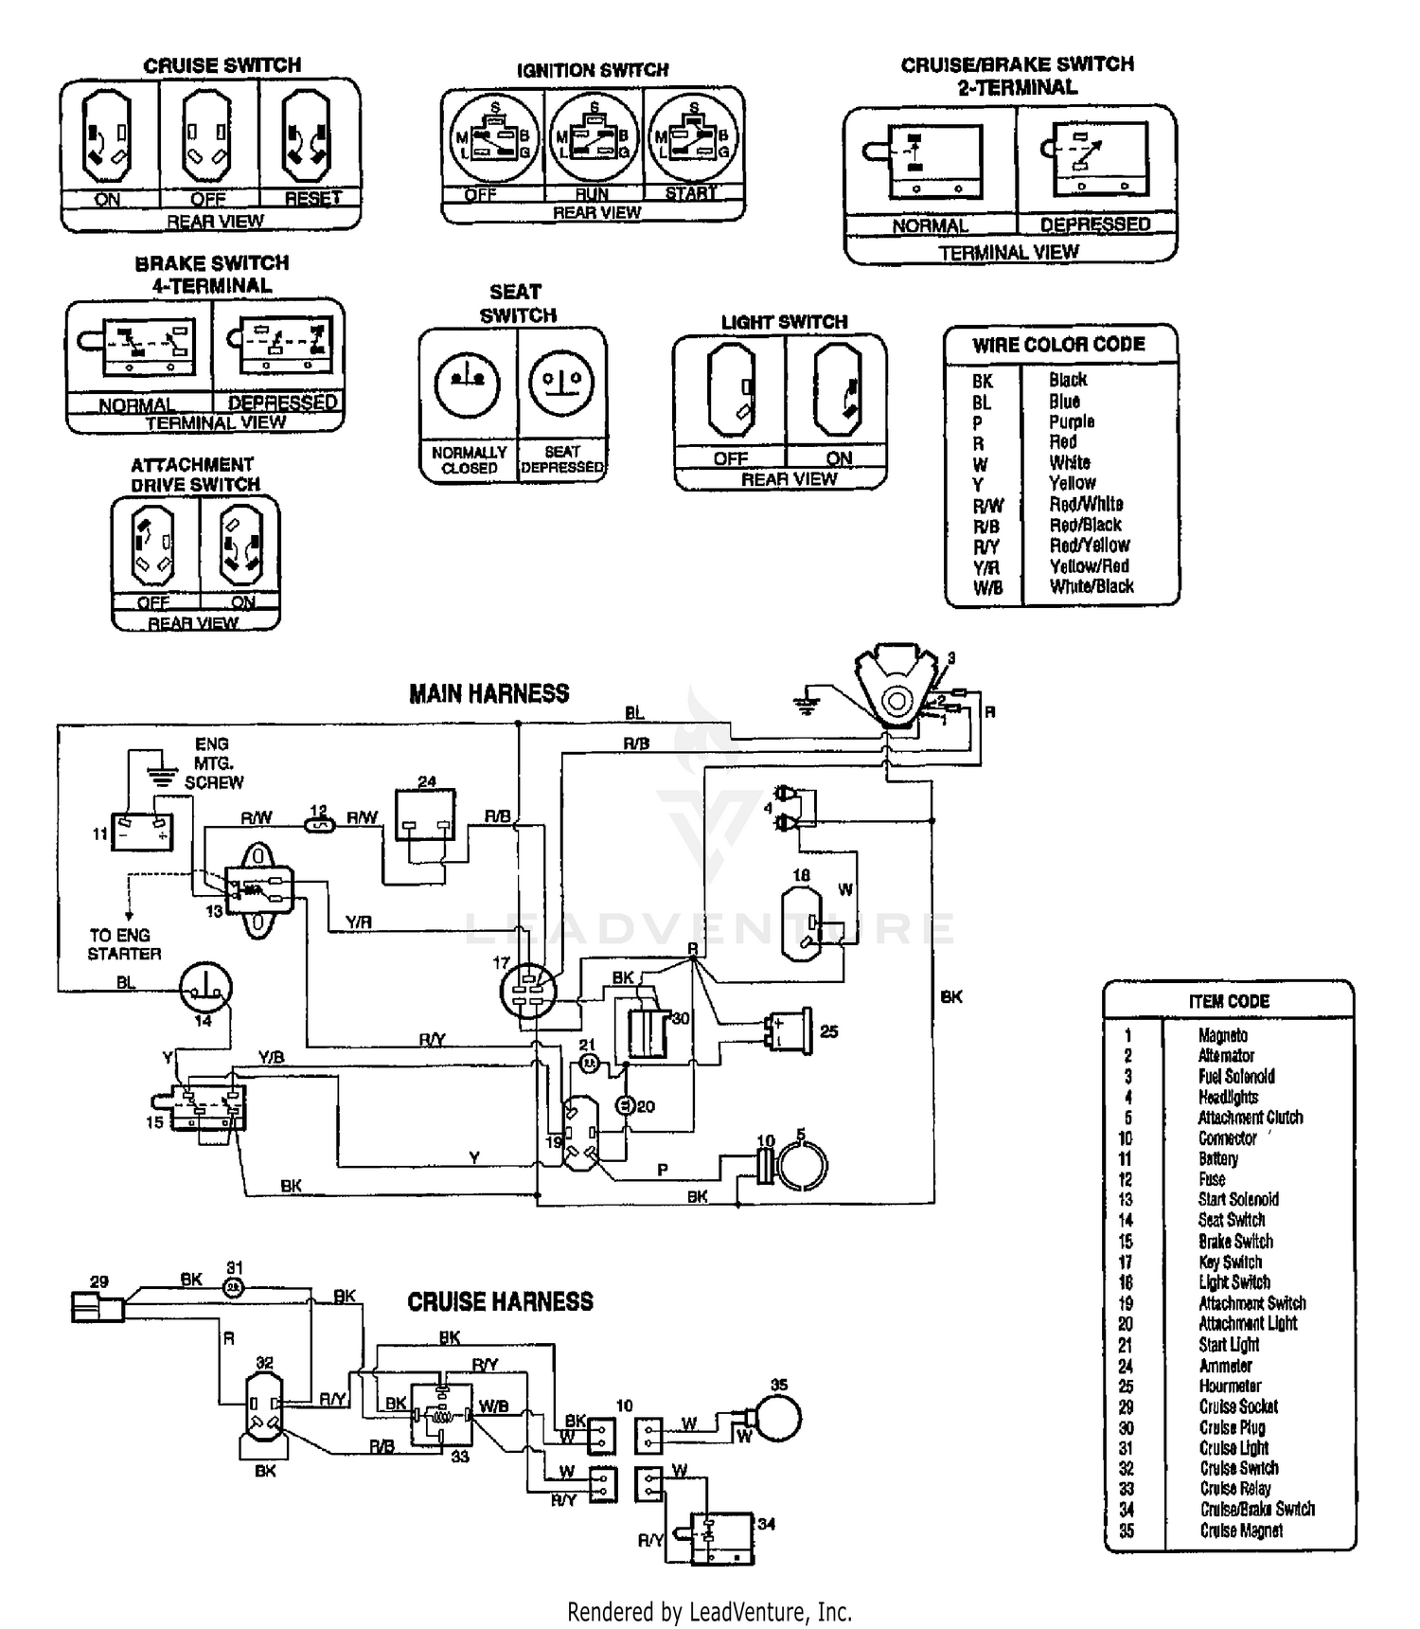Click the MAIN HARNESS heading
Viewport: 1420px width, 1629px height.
click(x=488, y=694)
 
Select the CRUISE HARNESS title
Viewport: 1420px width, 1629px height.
click(x=500, y=1301)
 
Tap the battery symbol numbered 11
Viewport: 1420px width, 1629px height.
click(x=142, y=832)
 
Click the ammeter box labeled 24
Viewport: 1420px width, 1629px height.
click(x=425, y=815)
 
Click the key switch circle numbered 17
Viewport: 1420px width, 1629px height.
click(x=527, y=991)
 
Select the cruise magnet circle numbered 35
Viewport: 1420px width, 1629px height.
click(x=776, y=1418)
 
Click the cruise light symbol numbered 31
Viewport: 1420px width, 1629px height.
click(x=234, y=1288)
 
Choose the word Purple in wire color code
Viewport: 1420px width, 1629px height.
click(x=1071, y=421)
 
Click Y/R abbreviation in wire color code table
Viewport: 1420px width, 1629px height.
click(x=985, y=567)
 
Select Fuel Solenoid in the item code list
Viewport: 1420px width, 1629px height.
click(x=1235, y=1077)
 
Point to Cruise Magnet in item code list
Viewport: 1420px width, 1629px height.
click(x=1240, y=1531)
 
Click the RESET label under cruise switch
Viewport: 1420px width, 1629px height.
click(x=312, y=199)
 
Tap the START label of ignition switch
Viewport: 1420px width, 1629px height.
click(x=690, y=193)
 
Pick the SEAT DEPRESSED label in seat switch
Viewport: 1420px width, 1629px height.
click(x=561, y=459)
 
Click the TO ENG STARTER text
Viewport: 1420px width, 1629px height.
click(x=124, y=944)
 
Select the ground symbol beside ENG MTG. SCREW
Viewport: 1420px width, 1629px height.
click(x=162, y=777)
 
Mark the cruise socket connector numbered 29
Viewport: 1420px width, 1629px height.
click(x=97, y=1309)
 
